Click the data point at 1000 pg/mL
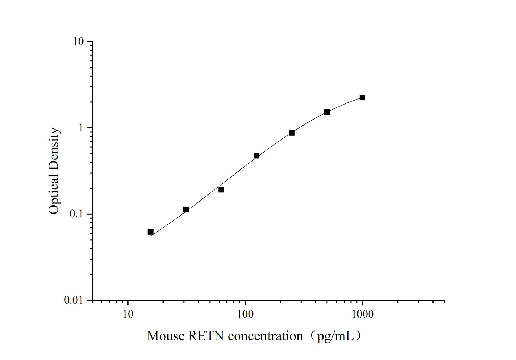click(x=362, y=97)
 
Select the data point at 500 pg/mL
click(x=327, y=112)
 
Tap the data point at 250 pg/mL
click(x=291, y=133)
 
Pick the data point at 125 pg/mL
click(x=256, y=156)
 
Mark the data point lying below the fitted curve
click(x=221, y=189)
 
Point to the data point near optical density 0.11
click(x=186, y=209)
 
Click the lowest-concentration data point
click(x=150, y=232)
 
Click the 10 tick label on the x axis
click(x=127, y=314)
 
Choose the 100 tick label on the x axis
click(x=245, y=314)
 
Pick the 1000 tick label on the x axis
click(x=362, y=314)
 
